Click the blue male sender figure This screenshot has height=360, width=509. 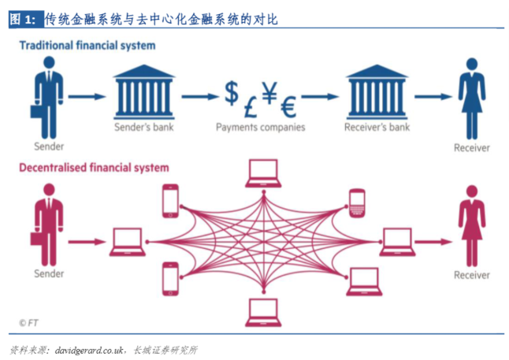(x=47, y=98)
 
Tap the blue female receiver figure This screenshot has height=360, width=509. (x=472, y=98)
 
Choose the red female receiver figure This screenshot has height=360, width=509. (x=472, y=226)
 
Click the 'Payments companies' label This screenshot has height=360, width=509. (x=259, y=127)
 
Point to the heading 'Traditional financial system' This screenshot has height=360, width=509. (x=87, y=46)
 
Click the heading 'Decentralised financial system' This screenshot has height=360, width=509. (x=94, y=168)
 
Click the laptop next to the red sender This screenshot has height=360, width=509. (x=128, y=241)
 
